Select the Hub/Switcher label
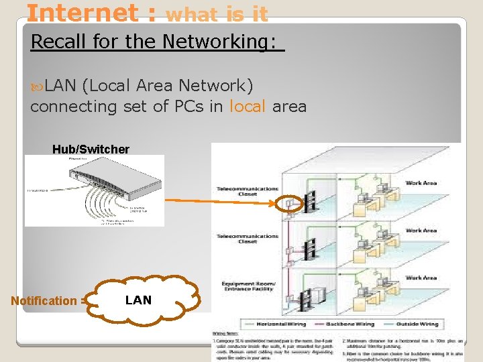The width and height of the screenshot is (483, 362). point(91,149)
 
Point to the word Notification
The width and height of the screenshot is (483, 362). point(44,301)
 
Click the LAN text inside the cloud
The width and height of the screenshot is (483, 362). point(138,300)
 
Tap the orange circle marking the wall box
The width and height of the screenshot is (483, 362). point(290,202)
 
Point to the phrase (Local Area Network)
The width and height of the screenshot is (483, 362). point(167,86)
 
